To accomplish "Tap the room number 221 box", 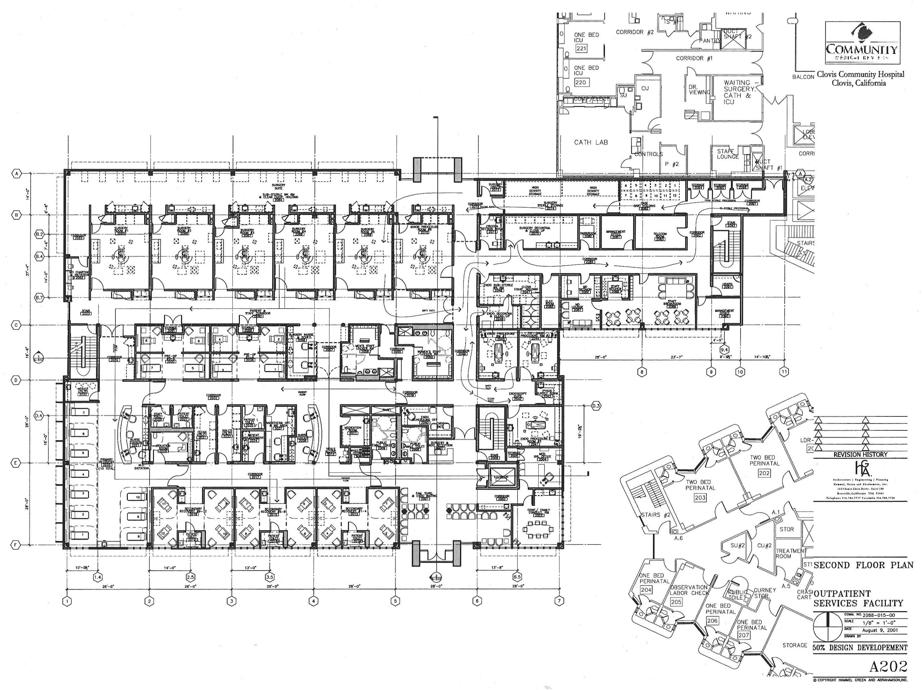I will pyautogui.click(x=581, y=48).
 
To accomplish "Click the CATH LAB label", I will pyautogui.click(x=591, y=142).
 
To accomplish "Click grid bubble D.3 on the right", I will pyautogui.click(x=596, y=406).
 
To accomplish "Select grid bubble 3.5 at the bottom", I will pyautogui.click(x=270, y=577).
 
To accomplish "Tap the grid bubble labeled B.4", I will pyautogui.click(x=40, y=256).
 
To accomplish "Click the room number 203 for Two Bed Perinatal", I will pyautogui.click(x=700, y=497).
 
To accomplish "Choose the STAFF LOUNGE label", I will pyautogui.click(x=728, y=154).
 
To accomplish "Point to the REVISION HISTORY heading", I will pyautogui.click(x=860, y=454).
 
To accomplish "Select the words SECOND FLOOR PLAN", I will pyautogui.click(x=863, y=565).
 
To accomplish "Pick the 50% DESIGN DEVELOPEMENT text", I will pyautogui.click(x=860, y=648).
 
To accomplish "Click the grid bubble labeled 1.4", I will pyautogui.click(x=97, y=577).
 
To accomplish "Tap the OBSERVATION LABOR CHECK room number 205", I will pyautogui.click(x=676, y=602).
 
